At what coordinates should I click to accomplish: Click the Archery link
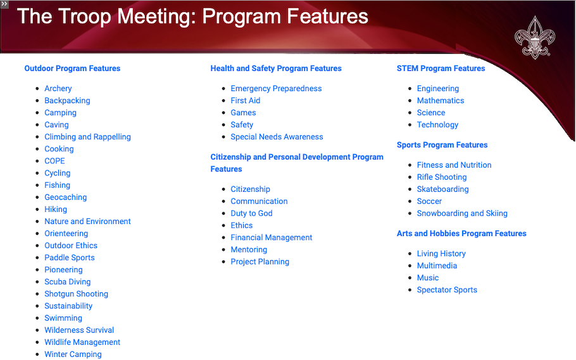[x=58, y=89]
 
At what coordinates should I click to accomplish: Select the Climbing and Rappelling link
[x=87, y=137]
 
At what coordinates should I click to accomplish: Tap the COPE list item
[x=54, y=161]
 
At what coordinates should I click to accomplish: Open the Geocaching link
[x=65, y=197]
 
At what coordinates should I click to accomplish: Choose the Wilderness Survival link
[x=79, y=330]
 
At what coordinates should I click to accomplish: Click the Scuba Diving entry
[x=67, y=282]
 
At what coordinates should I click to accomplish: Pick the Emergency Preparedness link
[x=276, y=89]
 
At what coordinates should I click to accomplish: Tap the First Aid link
[x=245, y=101]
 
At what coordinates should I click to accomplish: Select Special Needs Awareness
[x=277, y=137]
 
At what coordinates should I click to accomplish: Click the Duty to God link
[x=251, y=213]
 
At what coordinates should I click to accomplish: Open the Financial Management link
[x=271, y=238]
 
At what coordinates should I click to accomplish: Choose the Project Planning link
[x=260, y=262]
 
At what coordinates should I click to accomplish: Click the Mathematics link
[x=440, y=101]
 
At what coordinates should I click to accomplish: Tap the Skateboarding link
[x=442, y=189]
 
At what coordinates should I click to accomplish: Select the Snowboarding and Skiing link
[x=462, y=213]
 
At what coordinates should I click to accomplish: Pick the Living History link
[x=441, y=254]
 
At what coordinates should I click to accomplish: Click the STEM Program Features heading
[x=441, y=68]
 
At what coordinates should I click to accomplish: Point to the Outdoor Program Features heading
[x=72, y=68]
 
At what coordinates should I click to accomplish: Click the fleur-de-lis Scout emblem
[x=534, y=38]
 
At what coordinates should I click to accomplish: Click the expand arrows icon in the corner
[x=4, y=4]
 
